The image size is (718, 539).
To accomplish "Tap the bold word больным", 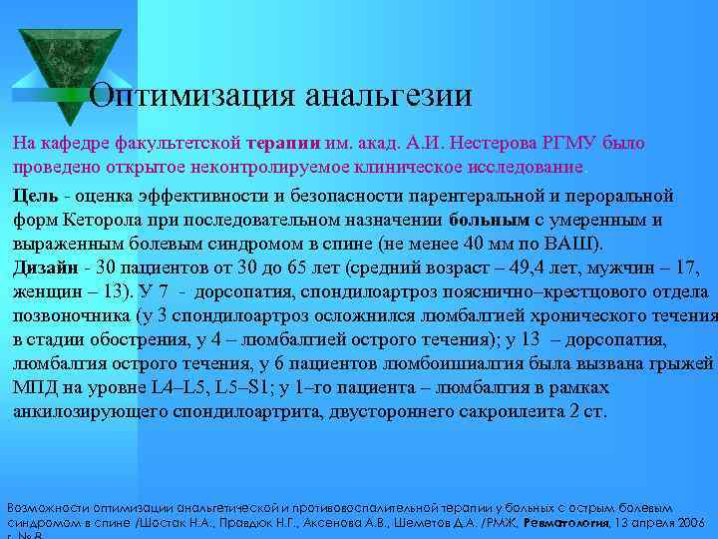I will (x=489, y=219).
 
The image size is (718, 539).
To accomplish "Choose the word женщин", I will (x=46, y=291).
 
